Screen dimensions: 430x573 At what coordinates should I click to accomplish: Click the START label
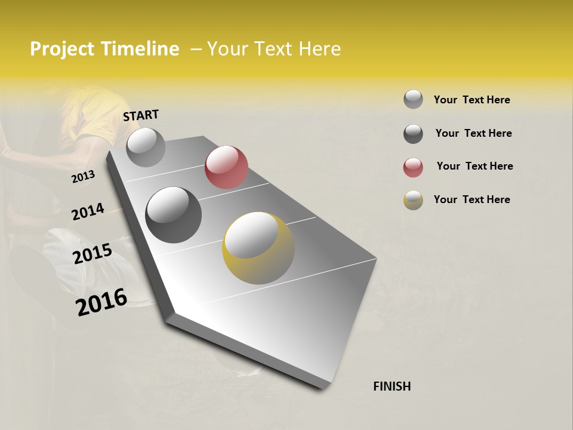tap(141, 115)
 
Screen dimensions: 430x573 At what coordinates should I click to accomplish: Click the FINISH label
tap(392, 386)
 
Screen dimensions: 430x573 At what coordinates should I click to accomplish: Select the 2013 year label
tap(83, 176)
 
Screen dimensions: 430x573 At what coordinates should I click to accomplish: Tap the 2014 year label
tap(88, 211)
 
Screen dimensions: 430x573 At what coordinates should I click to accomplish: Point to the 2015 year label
tap(93, 254)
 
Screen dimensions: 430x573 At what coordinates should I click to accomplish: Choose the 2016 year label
tap(101, 302)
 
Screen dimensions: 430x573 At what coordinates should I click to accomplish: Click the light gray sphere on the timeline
tap(146, 147)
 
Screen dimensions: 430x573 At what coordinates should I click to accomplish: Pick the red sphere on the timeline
tap(226, 167)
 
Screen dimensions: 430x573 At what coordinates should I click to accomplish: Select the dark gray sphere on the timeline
tap(174, 214)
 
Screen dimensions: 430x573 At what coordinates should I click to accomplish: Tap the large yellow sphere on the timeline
tap(258, 248)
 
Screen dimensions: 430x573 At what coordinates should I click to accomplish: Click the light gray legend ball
tap(413, 99)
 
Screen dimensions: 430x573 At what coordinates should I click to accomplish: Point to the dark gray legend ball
tap(413, 134)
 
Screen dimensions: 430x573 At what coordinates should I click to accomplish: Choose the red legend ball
tap(413, 167)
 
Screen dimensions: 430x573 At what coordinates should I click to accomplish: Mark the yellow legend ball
tap(413, 200)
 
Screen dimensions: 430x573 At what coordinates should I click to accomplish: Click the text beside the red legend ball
tap(475, 166)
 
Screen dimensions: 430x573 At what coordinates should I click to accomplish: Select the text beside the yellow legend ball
tap(472, 199)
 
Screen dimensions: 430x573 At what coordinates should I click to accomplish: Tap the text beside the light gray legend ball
tap(472, 100)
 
